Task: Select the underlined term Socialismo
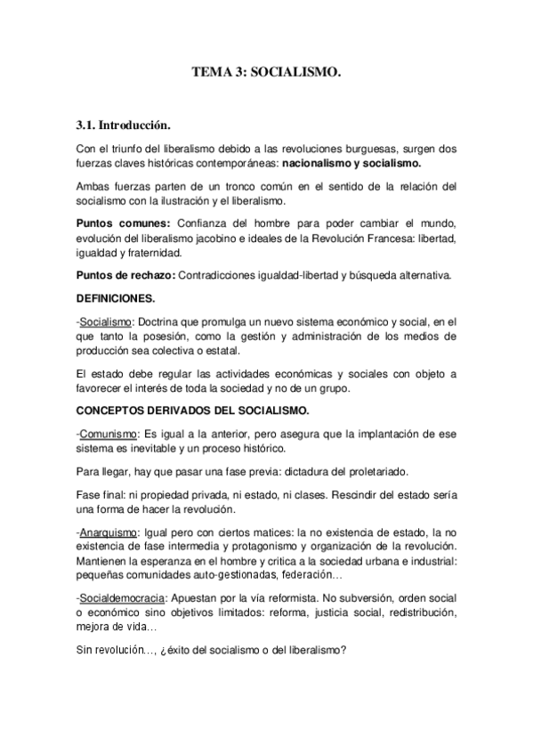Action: tap(104, 321)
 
